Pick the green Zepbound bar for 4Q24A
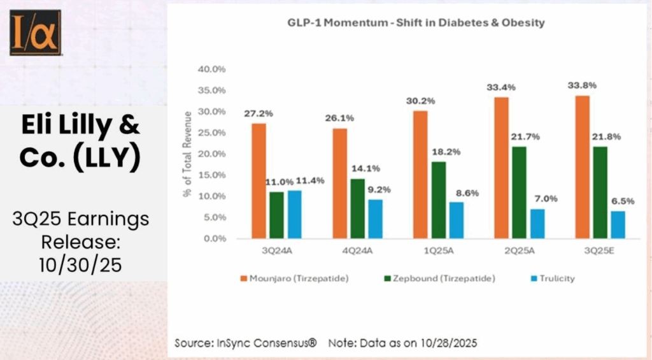tap(358, 208)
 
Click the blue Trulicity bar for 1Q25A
tap(457, 220)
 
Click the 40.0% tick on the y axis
tap(213, 69)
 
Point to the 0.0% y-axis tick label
tap(215, 239)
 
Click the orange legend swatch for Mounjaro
tap(244, 278)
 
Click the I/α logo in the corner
tap(35, 32)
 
